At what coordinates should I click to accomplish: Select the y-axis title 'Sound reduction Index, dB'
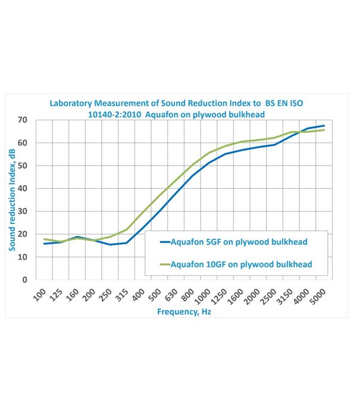pyautogui.click(x=12, y=200)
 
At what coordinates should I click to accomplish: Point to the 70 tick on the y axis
pyautogui.click(x=23, y=120)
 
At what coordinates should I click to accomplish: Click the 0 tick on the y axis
pyautogui.click(x=25, y=279)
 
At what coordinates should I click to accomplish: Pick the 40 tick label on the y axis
pyautogui.click(x=23, y=189)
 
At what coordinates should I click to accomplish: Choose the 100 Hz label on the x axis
pyautogui.click(x=39, y=294)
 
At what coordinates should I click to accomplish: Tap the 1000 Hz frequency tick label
pyautogui.click(x=203, y=294)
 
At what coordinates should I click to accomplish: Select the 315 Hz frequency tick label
pyautogui.click(x=121, y=294)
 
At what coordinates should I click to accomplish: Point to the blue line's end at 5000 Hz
pyautogui.click(x=324, y=126)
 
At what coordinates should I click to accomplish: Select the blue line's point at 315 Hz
pyautogui.click(x=126, y=242)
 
